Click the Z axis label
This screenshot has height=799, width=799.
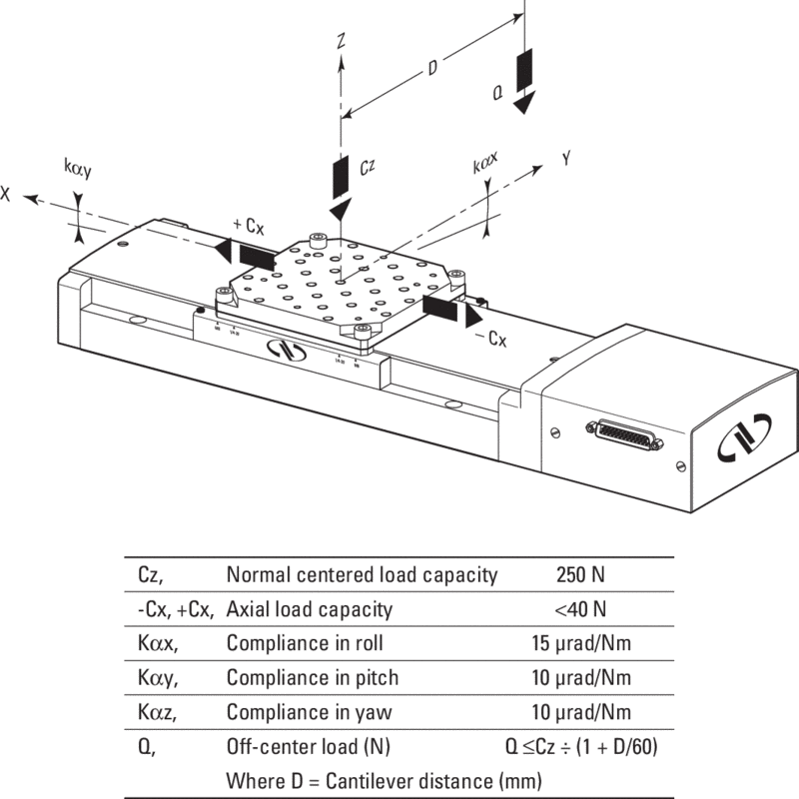coord(342,42)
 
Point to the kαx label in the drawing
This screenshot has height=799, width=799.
coord(486,160)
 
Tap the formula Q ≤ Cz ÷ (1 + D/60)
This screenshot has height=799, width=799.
coord(582,746)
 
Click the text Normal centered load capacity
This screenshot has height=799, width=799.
coord(363,574)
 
